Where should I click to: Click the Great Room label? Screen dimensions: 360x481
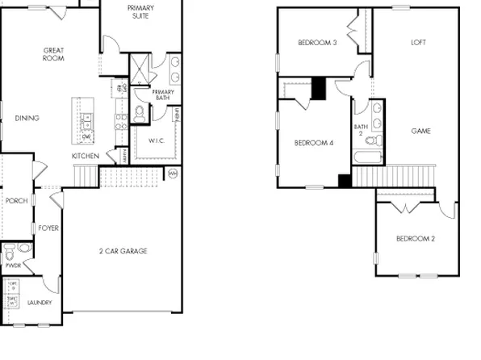click(53, 54)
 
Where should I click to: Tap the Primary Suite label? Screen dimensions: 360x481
click(140, 12)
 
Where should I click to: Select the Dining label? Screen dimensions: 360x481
click(27, 119)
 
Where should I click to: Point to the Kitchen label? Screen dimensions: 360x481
click(86, 156)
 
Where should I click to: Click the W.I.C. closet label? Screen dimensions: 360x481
click(157, 141)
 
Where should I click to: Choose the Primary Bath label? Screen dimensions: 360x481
click(163, 95)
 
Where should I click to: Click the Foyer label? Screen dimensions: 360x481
click(48, 228)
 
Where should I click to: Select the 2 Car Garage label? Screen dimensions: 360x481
click(123, 251)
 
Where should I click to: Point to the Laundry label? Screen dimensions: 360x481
click(40, 303)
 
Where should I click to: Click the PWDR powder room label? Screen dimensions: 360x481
click(13, 264)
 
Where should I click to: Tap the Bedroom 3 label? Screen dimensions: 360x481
click(317, 43)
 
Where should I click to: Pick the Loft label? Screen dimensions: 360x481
click(418, 43)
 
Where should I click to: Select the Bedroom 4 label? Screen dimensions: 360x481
click(313, 143)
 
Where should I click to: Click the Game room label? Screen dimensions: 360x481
click(420, 131)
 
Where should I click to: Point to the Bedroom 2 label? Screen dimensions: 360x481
click(416, 238)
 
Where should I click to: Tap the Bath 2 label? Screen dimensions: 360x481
click(360, 130)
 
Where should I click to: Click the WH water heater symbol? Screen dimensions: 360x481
click(173, 172)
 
